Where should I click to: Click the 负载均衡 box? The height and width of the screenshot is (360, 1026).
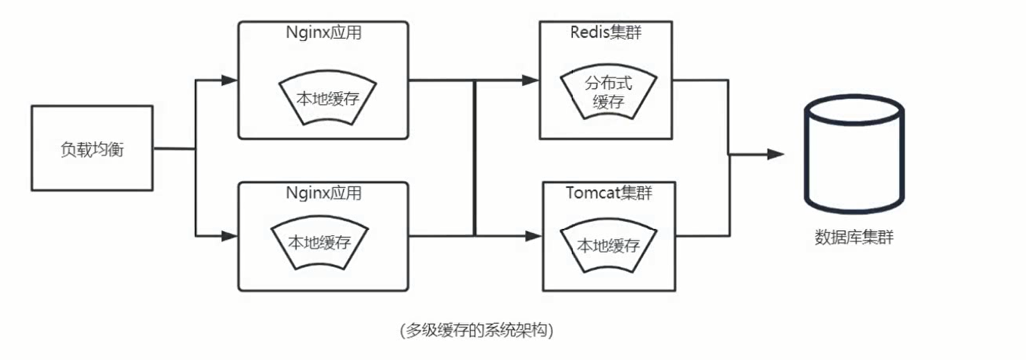pyautogui.click(x=92, y=148)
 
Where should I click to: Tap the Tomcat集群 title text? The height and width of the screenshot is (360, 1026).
pyautogui.click(x=608, y=193)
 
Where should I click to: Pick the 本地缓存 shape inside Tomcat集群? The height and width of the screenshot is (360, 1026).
pyautogui.click(x=608, y=245)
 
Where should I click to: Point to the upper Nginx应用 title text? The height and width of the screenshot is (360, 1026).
pyautogui.click(x=323, y=33)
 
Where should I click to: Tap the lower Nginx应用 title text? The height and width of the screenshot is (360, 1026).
pyautogui.click(x=323, y=193)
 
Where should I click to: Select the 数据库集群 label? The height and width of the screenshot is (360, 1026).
pyautogui.click(x=854, y=238)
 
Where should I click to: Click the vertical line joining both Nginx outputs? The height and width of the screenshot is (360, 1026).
pyautogui.click(x=474, y=158)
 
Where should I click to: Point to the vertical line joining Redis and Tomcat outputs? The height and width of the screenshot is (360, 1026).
pyautogui.click(x=728, y=158)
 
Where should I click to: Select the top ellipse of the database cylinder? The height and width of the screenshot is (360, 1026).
pyautogui.click(x=853, y=108)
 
